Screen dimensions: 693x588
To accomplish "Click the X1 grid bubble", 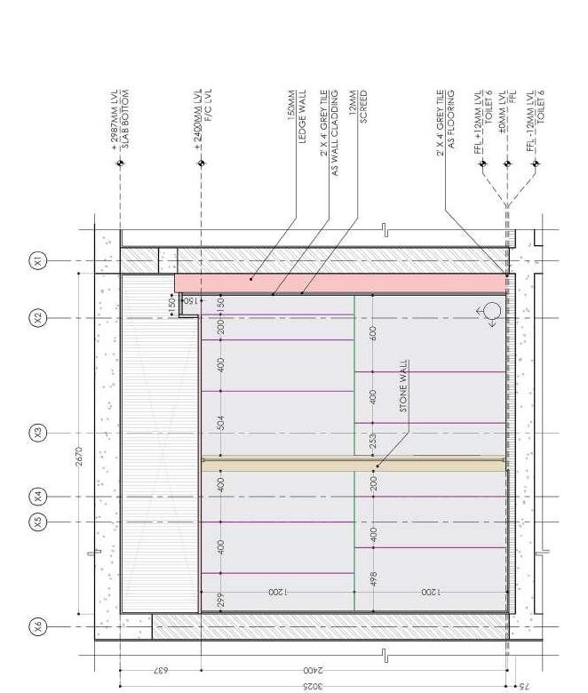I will (38, 260).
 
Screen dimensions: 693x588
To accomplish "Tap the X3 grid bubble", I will (38, 434).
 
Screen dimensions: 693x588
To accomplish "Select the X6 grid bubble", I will (38, 626).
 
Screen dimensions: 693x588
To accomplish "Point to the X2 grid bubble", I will (38, 318).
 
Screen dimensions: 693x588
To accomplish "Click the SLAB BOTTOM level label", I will (125, 108).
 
